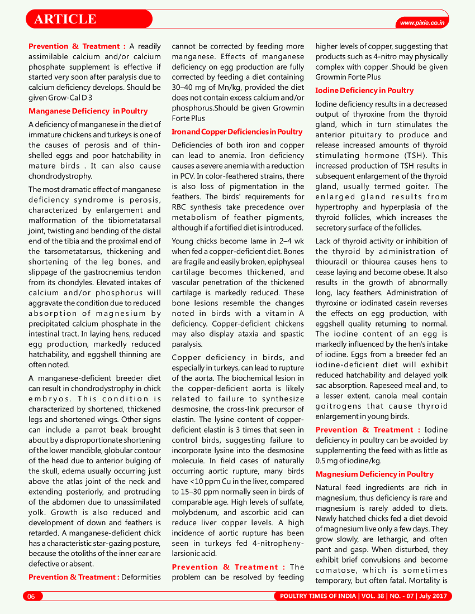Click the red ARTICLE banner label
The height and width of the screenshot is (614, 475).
coord(65,19)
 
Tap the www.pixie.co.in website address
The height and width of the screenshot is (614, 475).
coord(422,23)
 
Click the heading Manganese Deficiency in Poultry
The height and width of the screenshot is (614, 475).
coord(88,111)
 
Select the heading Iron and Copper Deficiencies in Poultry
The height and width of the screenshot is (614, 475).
coord(237,132)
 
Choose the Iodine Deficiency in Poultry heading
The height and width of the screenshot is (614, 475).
coord(364,90)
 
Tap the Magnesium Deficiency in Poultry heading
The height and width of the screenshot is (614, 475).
coord(374,474)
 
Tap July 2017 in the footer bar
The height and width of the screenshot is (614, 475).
coord(433,597)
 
